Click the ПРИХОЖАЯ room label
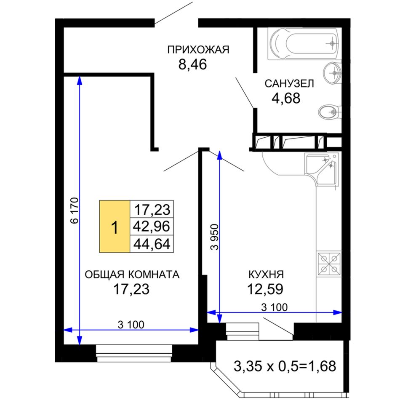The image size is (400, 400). [198, 50]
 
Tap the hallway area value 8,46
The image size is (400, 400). [192, 64]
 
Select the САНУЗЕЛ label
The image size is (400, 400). [289, 84]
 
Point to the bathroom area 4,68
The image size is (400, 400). [286, 98]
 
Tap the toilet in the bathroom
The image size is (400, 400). [329, 112]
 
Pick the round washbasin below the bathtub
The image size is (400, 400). [332, 73]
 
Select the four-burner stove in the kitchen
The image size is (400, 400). [329, 264]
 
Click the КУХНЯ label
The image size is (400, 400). [266, 275]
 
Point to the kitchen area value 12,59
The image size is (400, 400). [265, 289]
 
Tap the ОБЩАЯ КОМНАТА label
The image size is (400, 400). [132, 275]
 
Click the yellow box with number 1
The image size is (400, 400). [115, 226]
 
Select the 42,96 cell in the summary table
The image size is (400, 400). [152, 226]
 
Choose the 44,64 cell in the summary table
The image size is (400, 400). [152, 244]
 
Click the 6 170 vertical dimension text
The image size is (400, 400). [75, 211]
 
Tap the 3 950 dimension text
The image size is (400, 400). [215, 237]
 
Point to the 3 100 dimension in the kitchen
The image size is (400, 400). [274, 307]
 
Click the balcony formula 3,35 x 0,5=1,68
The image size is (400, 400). [285, 366]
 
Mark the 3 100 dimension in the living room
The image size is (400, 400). [131, 325]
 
